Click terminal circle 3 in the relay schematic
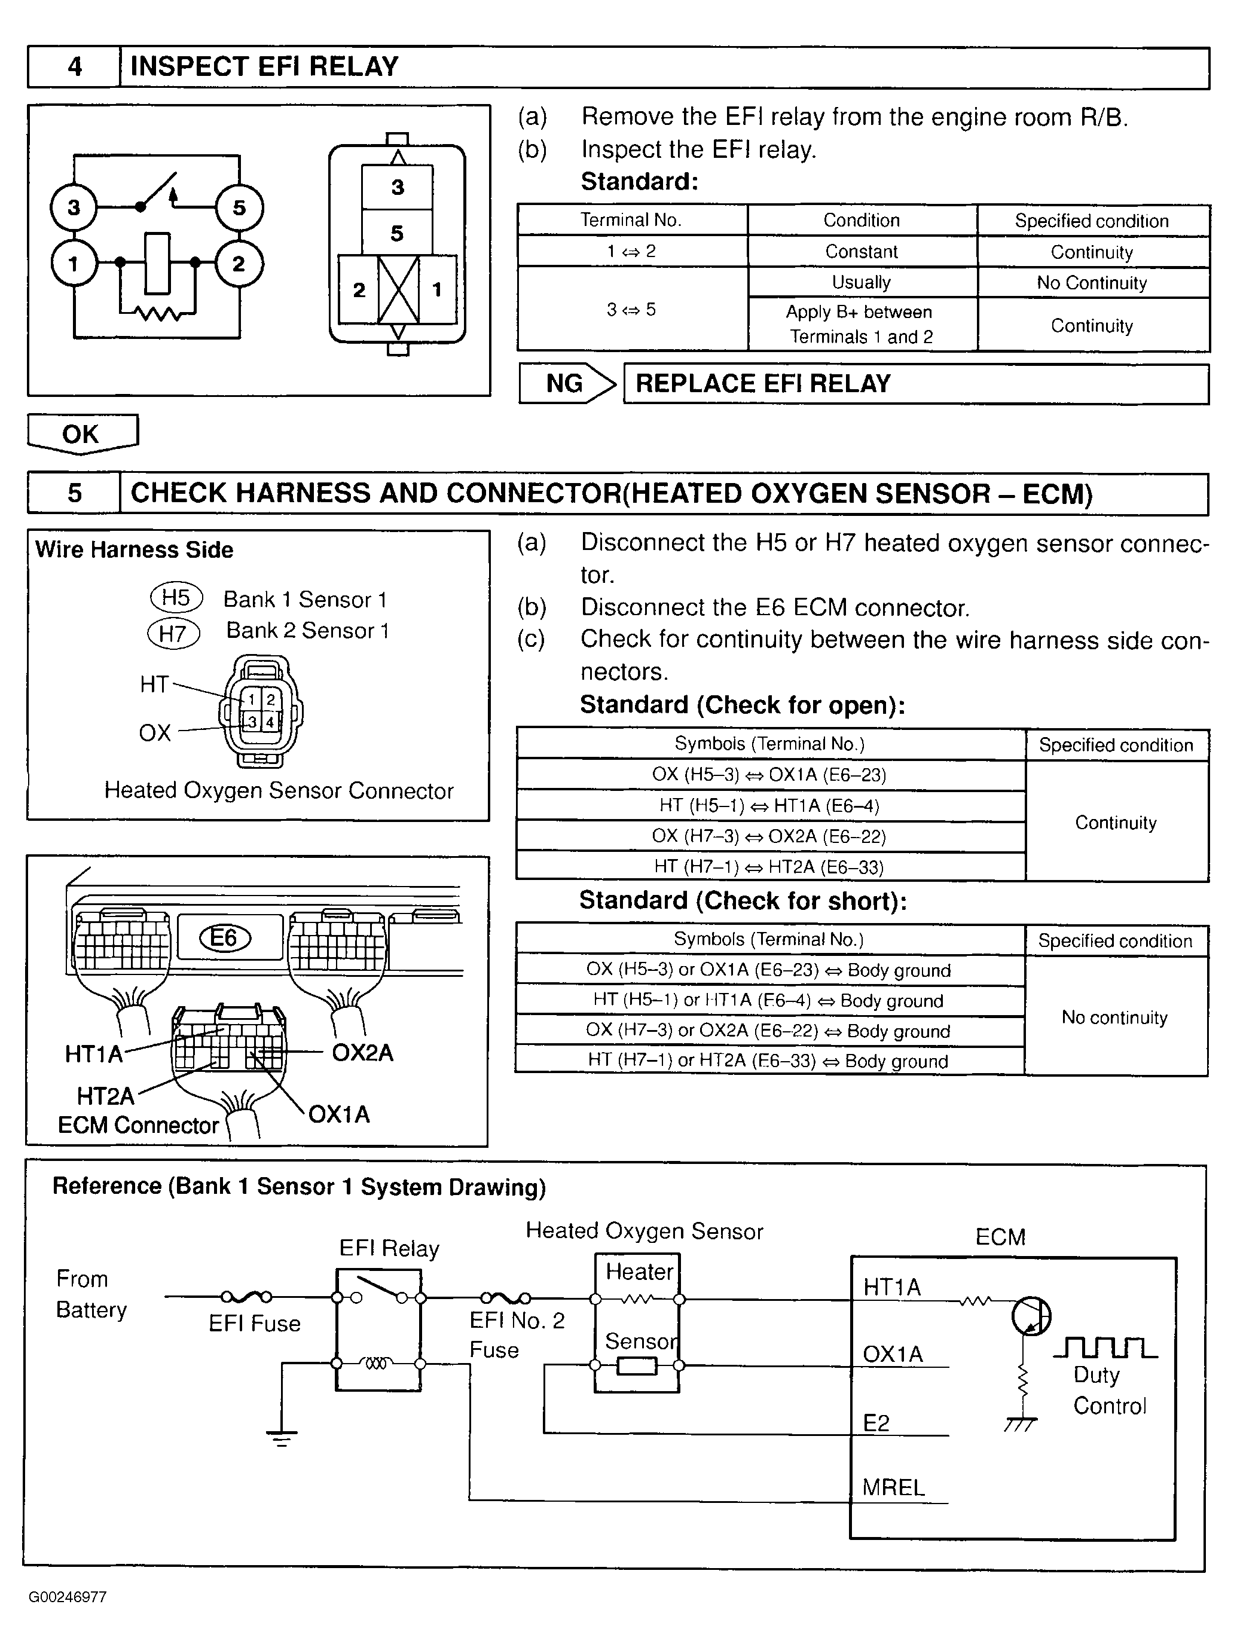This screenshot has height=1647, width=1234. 74,207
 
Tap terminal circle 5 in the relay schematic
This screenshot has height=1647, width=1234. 239,207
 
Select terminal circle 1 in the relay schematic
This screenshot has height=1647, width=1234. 74,263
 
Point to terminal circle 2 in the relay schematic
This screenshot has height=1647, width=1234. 239,263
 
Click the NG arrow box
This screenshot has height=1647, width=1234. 567,383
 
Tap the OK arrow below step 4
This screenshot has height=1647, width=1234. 82,433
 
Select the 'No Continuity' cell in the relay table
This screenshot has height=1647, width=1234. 1092,283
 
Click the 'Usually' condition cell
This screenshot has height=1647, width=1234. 861,282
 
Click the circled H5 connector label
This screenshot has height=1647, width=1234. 176,597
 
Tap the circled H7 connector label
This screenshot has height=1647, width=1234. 173,634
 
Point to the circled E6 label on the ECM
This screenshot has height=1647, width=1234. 224,937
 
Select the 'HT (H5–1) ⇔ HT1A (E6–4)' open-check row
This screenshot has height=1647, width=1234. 769,806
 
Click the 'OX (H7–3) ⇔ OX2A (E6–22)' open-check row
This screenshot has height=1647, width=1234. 769,836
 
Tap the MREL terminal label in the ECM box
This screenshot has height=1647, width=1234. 894,1487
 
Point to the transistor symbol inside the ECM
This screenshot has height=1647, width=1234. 1031,1316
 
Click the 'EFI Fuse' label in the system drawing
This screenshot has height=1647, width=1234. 255,1323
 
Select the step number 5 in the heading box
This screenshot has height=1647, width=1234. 75,493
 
